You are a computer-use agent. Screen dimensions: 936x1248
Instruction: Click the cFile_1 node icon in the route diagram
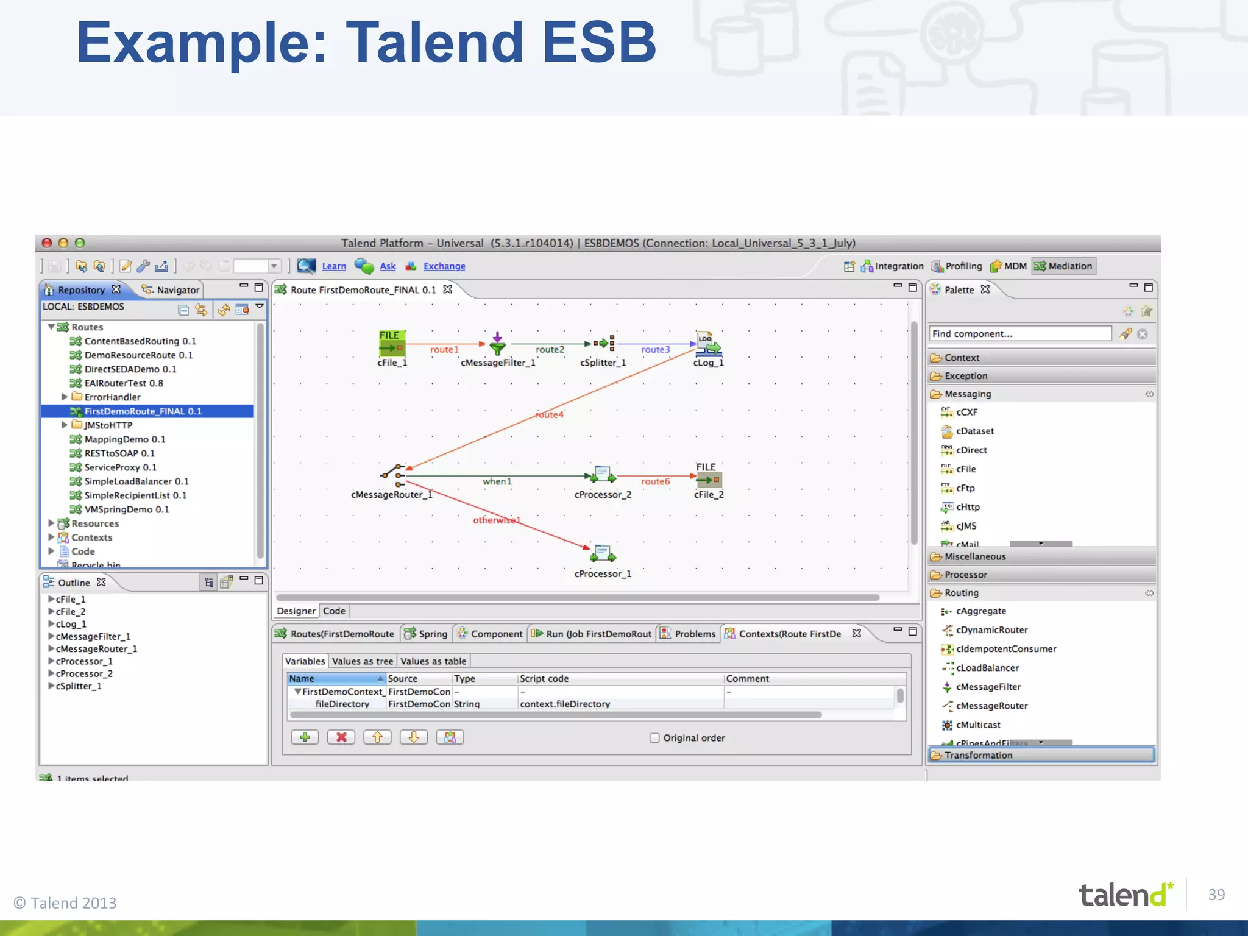pyautogui.click(x=392, y=343)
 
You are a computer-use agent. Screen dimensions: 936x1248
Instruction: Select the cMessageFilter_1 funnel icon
pyautogui.click(x=497, y=345)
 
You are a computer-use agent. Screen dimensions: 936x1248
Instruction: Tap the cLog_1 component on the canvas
pyautogui.click(x=708, y=344)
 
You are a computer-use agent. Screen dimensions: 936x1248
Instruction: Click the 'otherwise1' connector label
pyautogui.click(x=497, y=520)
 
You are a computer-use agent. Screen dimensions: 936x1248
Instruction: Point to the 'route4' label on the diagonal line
pyautogui.click(x=549, y=414)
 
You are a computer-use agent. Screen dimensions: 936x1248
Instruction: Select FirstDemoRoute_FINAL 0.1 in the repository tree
pyautogui.click(x=143, y=411)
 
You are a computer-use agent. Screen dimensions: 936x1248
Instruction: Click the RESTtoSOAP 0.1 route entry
pyautogui.click(x=119, y=453)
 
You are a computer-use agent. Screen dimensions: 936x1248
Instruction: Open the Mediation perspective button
pyautogui.click(x=1063, y=266)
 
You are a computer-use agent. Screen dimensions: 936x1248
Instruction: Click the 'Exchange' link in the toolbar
pyautogui.click(x=444, y=266)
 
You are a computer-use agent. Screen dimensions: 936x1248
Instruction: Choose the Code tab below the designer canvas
pyautogui.click(x=334, y=611)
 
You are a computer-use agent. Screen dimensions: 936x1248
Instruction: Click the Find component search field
pyautogui.click(x=1019, y=334)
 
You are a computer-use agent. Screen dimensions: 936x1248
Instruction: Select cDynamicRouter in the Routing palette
pyautogui.click(x=991, y=630)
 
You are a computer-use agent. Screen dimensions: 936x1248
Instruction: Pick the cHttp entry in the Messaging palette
pyautogui.click(x=968, y=507)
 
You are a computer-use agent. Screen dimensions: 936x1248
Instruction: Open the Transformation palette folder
pyautogui.click(x=978, y=755)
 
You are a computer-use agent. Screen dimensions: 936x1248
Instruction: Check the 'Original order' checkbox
pyautogui.click(x=654, y=738)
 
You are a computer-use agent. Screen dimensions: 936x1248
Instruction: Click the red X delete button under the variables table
pyautogui.click(x=341, y=737)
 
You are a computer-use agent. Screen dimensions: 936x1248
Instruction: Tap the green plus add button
pyautogui.click(x=305, y=737)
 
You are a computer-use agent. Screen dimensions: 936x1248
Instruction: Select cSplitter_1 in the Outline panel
pyautogui.click(x=79, y=686)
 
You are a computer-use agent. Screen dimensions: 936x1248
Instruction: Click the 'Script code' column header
pyautogui.click(x=544, y=679)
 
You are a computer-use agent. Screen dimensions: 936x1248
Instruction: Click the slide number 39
pyautogui.click(x=1216, y=895)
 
